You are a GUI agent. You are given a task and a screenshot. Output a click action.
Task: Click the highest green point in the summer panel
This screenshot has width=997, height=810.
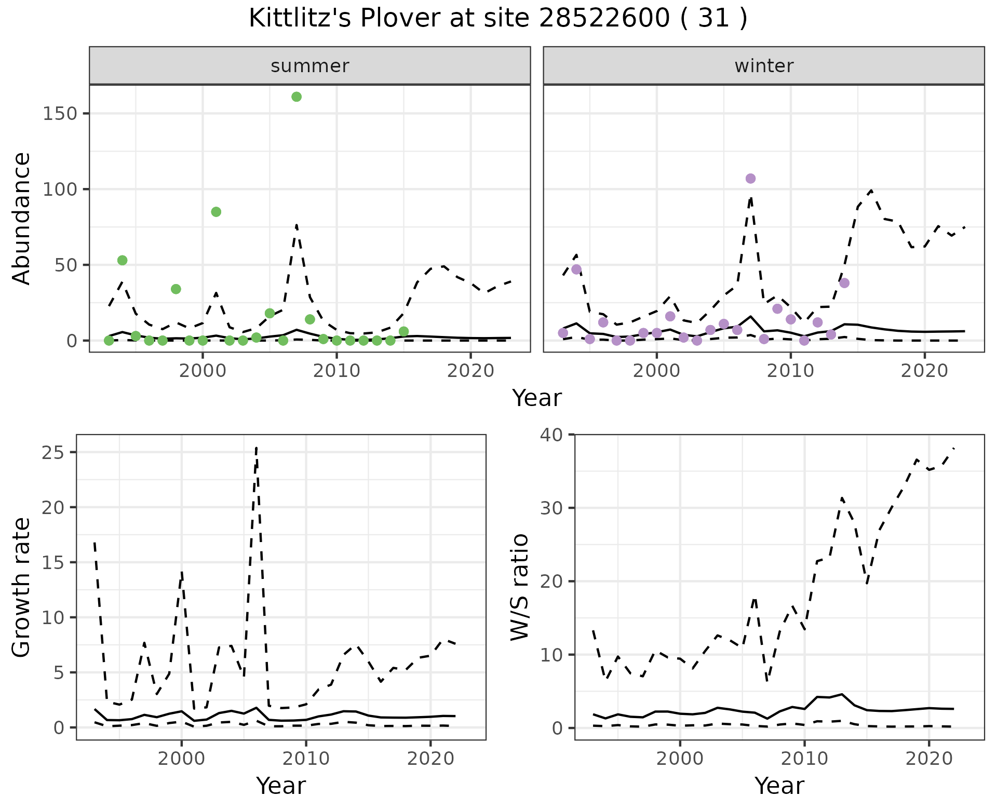tap(297, 97)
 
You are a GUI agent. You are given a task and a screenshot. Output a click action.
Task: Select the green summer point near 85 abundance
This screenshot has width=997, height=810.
tap(216, 212)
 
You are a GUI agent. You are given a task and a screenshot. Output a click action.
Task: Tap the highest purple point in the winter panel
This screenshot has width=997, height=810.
tap(750, 179)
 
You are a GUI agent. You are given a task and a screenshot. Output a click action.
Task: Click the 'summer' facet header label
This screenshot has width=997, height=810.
tap(310, 66)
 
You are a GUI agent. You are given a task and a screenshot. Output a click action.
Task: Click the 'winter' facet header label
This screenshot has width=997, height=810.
tap(764, 66)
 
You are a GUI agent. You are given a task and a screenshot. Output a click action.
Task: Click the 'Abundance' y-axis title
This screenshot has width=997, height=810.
tap(22, 218)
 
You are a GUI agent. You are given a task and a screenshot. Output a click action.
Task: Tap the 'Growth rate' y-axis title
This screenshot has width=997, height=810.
tap(22, 587)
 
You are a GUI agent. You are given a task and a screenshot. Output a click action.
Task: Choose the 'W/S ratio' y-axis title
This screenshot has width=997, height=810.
tap(519, 587)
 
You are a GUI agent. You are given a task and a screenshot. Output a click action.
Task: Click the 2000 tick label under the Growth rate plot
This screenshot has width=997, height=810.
tap(181, 759)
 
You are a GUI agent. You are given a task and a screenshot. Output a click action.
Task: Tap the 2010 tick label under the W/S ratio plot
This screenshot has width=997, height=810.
tap(804, 759)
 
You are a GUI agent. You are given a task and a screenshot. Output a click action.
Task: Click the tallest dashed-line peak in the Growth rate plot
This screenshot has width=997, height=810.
tap(257, 448)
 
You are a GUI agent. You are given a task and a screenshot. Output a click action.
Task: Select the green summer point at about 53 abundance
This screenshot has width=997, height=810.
tap(122, 260)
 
